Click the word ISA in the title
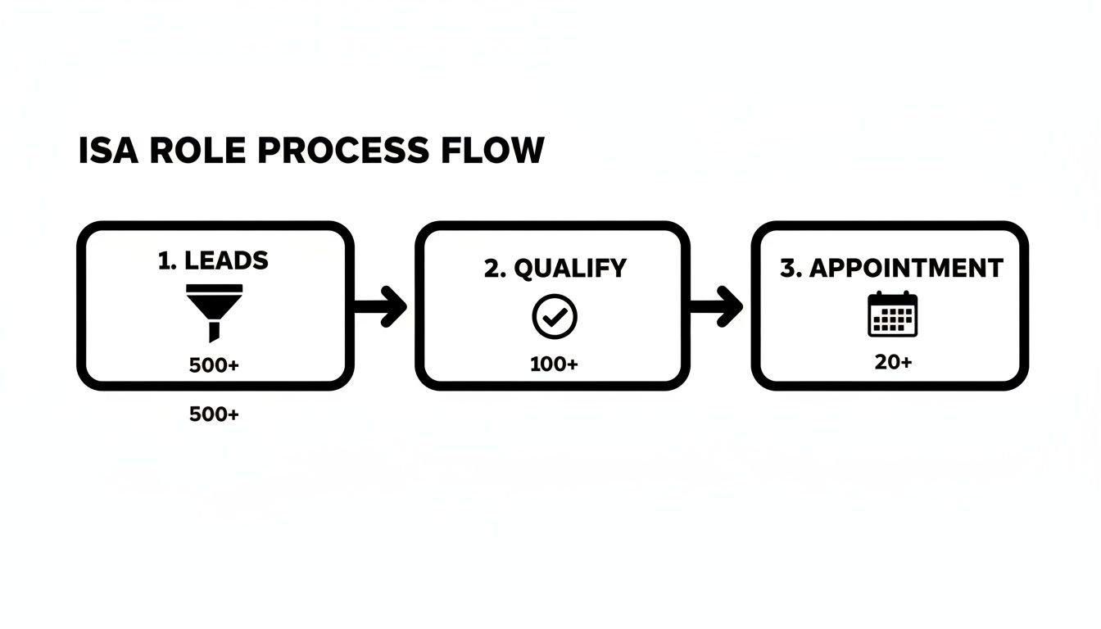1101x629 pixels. tap(102, 152)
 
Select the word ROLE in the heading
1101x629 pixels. tap(188, 152)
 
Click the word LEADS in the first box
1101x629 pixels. tap(226, 260)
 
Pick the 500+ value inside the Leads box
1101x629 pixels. tap(214, 365)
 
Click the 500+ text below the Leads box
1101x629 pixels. tap(214, 414)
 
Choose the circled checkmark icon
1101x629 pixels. tap(555, 317)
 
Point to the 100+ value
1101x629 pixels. tap(554, 364)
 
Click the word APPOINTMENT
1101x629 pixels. tap(906, 268)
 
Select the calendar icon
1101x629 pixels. tap(892, 314)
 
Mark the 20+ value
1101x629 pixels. tap(893, 361)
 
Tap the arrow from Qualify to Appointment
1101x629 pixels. tap(717, 307)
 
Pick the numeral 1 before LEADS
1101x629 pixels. tap(163, 260)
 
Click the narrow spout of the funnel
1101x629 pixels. tap(215, 331)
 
